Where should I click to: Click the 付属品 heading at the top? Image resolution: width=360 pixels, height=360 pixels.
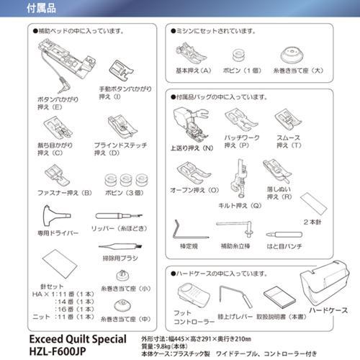24,8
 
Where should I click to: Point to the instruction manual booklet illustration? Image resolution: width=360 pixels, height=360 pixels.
274,295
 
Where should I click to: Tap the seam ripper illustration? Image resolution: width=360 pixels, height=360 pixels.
114,216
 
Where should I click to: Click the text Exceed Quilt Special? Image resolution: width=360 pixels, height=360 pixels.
77,338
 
